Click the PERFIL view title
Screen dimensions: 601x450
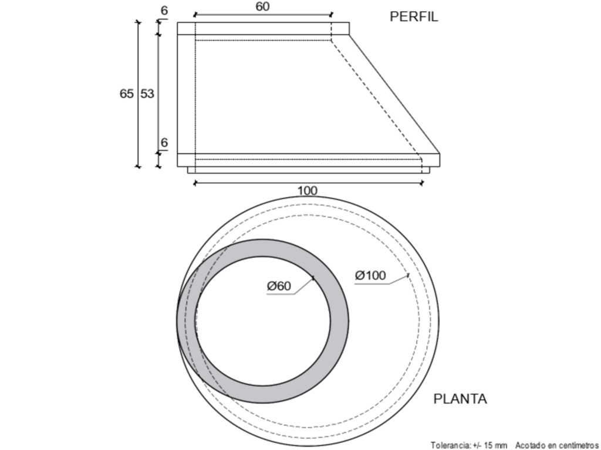(x=414, y=17)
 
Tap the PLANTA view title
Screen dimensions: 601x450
(x=460, y=398)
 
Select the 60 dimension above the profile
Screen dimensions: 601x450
(x=262, y=6)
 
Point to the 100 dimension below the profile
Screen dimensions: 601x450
(x=308, y=190)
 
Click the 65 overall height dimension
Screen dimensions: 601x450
(x=127, y=93)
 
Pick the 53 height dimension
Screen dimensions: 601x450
(x=147, y=93)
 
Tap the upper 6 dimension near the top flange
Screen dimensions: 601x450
(x=164, y=11)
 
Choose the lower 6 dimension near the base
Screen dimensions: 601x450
(x=164, y=142)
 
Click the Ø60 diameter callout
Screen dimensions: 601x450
(x=279, y=286)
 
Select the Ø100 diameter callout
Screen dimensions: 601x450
(x=370, y=275)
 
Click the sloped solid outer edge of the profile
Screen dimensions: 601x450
(x=394, y=94)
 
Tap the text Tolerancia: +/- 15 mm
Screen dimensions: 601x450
(x=469, y=445)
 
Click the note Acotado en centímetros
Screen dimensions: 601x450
(x=556, y=445)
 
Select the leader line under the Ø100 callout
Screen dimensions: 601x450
(x=381, y=279)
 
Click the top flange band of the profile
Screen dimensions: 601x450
(x=264, y=28)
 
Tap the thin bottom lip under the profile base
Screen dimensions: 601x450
(x=309, y=170)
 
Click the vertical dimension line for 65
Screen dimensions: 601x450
(x=138, y=94)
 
